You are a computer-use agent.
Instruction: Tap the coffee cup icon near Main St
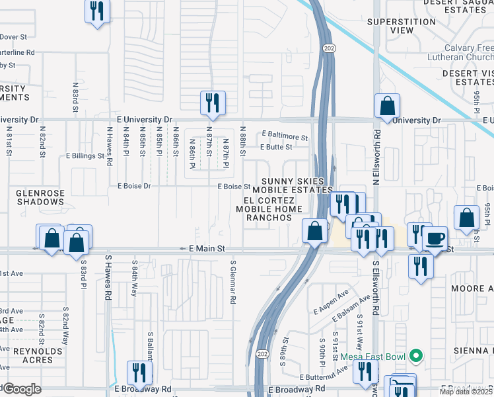[x=435, y=238]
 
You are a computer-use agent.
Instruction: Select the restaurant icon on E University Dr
[x=213, y=103]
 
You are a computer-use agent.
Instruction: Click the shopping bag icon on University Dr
[x=387, y=105]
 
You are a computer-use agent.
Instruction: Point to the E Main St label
[x=203, y=249]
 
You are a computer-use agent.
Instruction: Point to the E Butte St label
[x=275, y=148]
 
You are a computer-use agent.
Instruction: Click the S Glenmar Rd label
[x=233, y=281]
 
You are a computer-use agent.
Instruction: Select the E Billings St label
[x=85, y=157]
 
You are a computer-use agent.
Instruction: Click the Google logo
[x=21, y=389]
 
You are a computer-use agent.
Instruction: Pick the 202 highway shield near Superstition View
[x=328, y=48]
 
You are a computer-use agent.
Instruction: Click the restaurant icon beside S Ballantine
[x=140, y=373]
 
